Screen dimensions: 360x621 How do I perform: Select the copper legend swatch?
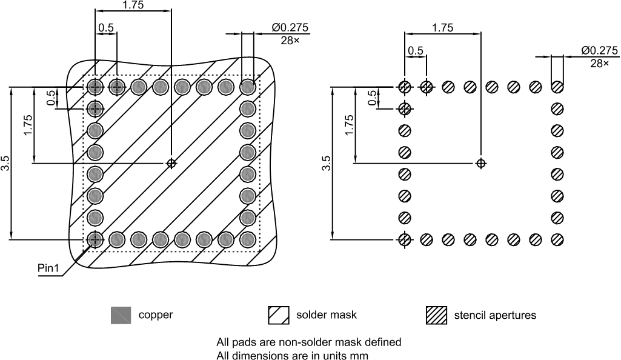coord(121,315)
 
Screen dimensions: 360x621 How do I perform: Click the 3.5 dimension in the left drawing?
coord(5,164)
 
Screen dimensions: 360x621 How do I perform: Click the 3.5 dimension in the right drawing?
coord(327,164)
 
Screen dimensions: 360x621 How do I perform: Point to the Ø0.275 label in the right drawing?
coord(599,50)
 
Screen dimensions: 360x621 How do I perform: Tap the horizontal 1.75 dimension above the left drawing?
coord(133,5)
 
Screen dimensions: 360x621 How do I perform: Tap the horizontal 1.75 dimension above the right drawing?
coord(442,27)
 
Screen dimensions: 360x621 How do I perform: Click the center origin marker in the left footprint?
coord(171,162)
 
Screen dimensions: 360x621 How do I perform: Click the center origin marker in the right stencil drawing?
coord(481,162)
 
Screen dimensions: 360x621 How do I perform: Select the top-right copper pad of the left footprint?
coord(247,87)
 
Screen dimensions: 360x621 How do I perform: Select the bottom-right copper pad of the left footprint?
coord(247,239)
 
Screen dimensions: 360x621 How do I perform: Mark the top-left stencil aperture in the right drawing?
coord(405,87)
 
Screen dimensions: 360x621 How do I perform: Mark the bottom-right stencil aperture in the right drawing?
coord(557,239)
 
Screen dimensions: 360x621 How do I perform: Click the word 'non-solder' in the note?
coord(287,342)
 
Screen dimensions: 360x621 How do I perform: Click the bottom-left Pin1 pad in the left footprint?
coord(95,239)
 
